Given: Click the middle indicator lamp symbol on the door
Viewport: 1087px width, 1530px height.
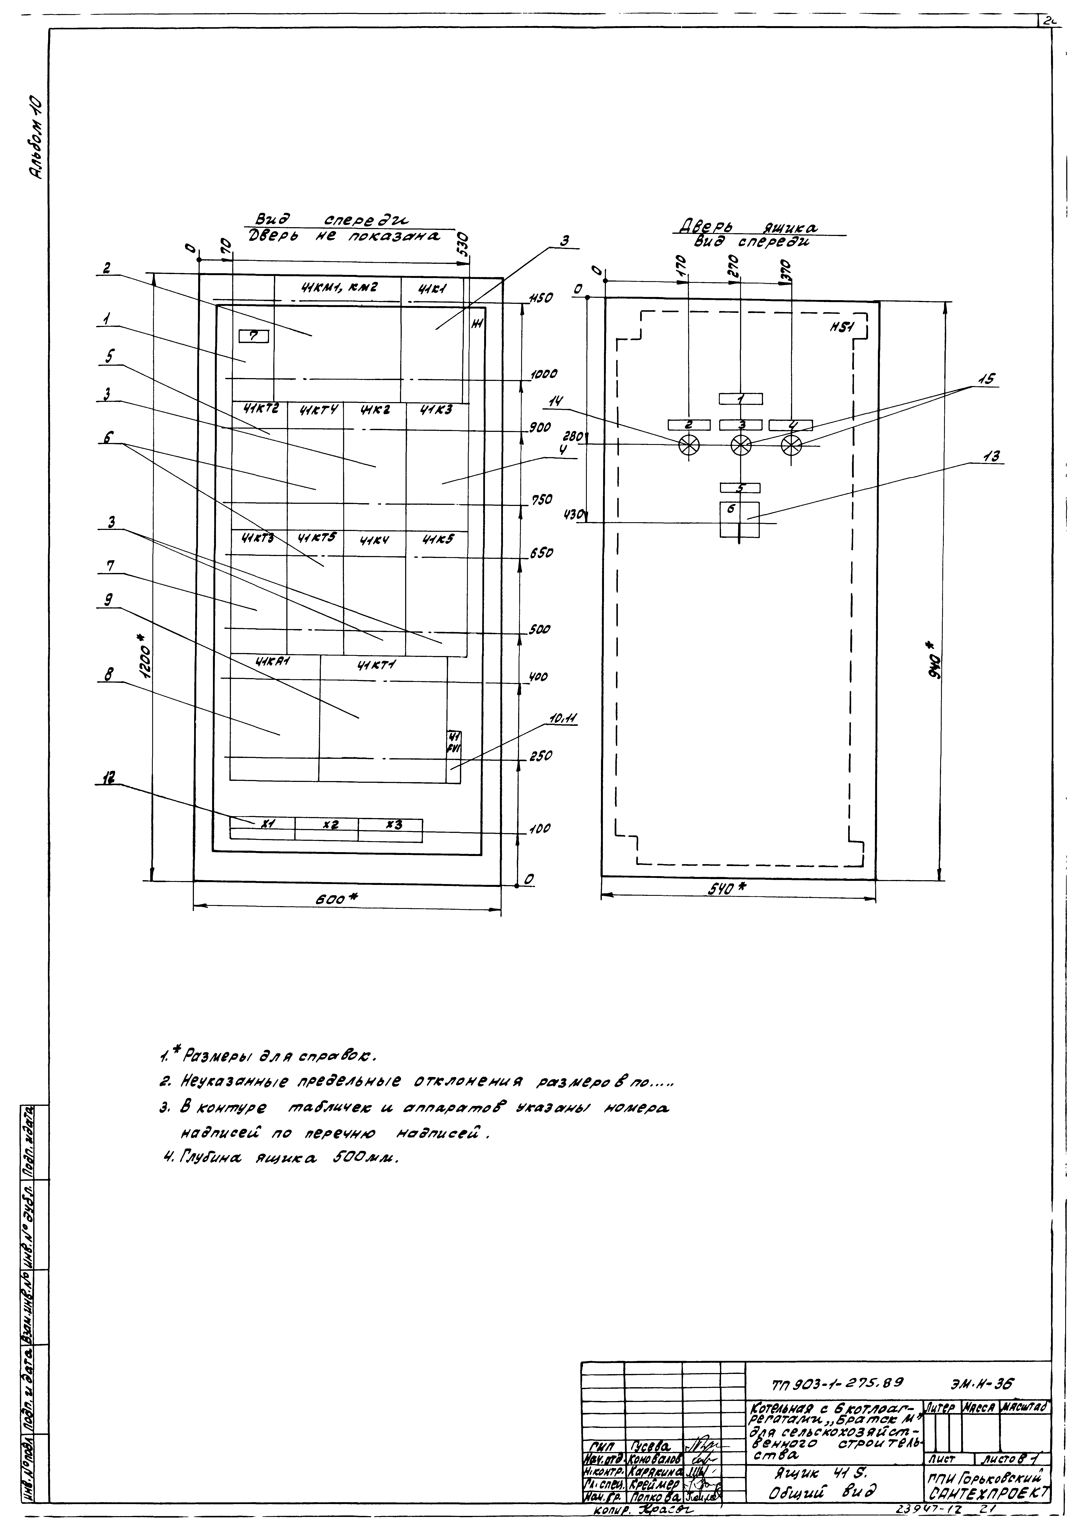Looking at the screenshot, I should point(740,444).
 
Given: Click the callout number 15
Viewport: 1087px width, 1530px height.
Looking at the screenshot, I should point(986,379).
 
